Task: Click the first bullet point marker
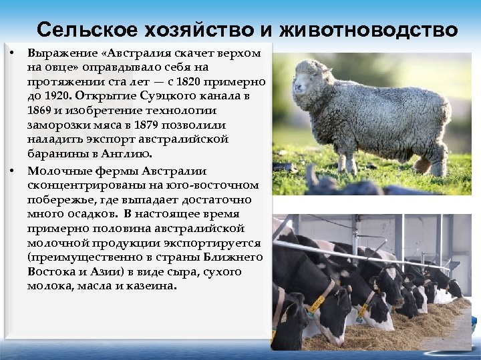[13, 52]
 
